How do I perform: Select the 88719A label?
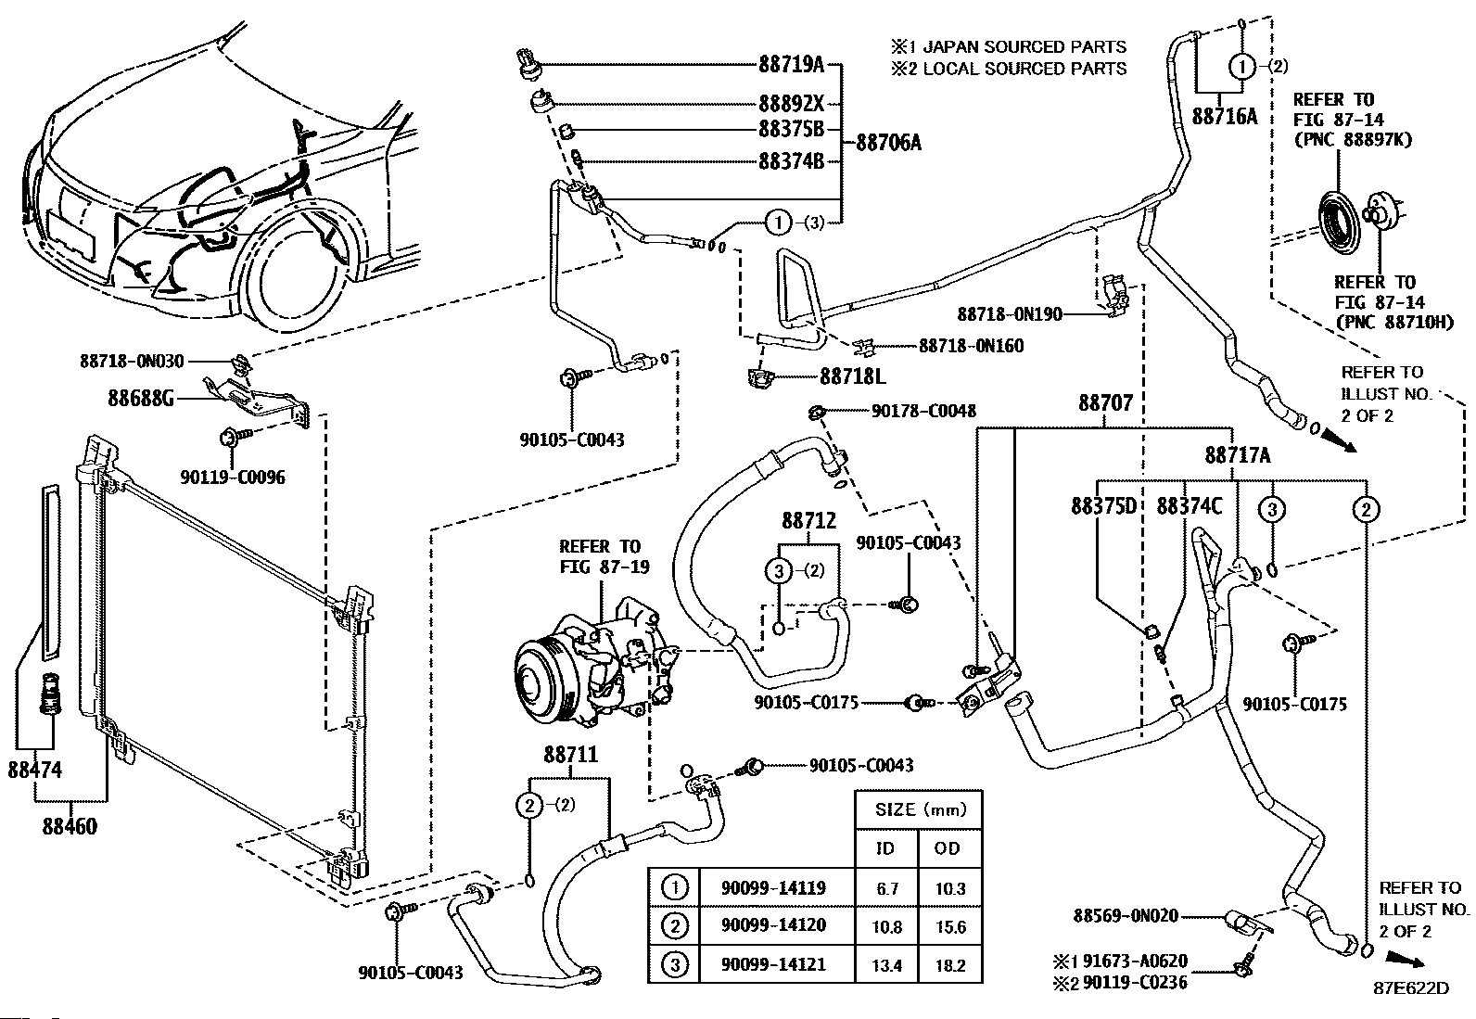coord(791,65)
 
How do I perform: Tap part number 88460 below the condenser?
coord(69,825)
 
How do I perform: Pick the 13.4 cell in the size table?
coord(886,965)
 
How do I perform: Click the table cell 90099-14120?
coord(772,925)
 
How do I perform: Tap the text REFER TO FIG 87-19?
coord(599,556)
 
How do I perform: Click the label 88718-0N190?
coord(1010,314)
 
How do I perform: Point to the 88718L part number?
coord(852,377)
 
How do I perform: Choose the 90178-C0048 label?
coord(922,411)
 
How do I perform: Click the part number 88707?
coord(1105,403)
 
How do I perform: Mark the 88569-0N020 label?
coord(1126,916)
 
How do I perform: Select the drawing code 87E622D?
coord(1413,987)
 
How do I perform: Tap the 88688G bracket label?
coord(142,398)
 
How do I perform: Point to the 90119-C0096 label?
coord(233,478)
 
